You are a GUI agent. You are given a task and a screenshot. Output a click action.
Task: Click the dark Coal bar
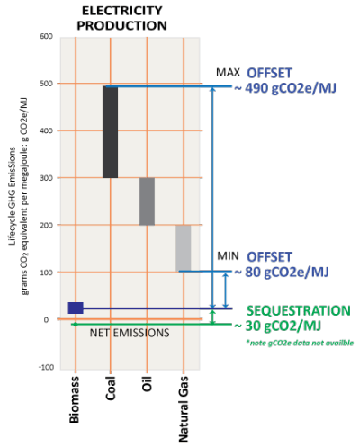pyautogui.click(x=111, y=132)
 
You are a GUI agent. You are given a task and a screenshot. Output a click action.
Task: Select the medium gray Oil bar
pyautogui.click(x=147, y=201)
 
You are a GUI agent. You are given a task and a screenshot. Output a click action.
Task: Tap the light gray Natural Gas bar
pyautogui.click(x=184, y=248)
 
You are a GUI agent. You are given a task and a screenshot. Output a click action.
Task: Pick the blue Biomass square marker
pyautogui.click(x=76, y=308)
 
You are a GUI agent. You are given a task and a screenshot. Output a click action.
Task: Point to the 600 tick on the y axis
pyautogui.click(x=46, y=36)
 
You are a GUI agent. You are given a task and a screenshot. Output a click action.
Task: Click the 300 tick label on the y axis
pyautogui.click(x=46, y=178)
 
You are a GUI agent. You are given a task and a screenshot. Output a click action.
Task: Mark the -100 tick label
pyautogui.click(x=46, y=367)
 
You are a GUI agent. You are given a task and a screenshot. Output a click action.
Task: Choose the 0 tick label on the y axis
pyautogui.click(x=46, y=320)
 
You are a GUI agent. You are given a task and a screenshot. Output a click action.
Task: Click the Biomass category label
pyautogui.click(x=75, y=399)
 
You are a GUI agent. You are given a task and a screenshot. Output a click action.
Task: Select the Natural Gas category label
pyautogui.click(x=184, y=409)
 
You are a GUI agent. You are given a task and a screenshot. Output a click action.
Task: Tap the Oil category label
pyautogui.click(x=147, y=384)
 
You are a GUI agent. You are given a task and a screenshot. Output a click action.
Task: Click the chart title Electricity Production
pyautogui.click(x=121, y=19)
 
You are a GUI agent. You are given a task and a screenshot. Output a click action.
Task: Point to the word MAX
pyautogui.click(x=229, y=73)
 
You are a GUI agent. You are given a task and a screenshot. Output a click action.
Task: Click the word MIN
pyautogui.click(x=229, y=256)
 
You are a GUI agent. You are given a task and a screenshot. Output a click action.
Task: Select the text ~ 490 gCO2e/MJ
pyautogui.click(x=285, y=88)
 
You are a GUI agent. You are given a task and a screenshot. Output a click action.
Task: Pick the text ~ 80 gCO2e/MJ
pyautogui.click(x=282, y=273)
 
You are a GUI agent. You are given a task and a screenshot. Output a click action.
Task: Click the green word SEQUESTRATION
pyautogui.click(x=299, y=311)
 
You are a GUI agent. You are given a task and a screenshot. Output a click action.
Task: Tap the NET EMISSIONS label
pyautogui.click(x=130, y=333)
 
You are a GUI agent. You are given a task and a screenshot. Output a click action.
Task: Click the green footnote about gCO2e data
pyautogui.click(x=300, y=343)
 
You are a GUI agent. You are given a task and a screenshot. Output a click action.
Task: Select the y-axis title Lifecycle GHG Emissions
pyautogui.click(x=13, y=196)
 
